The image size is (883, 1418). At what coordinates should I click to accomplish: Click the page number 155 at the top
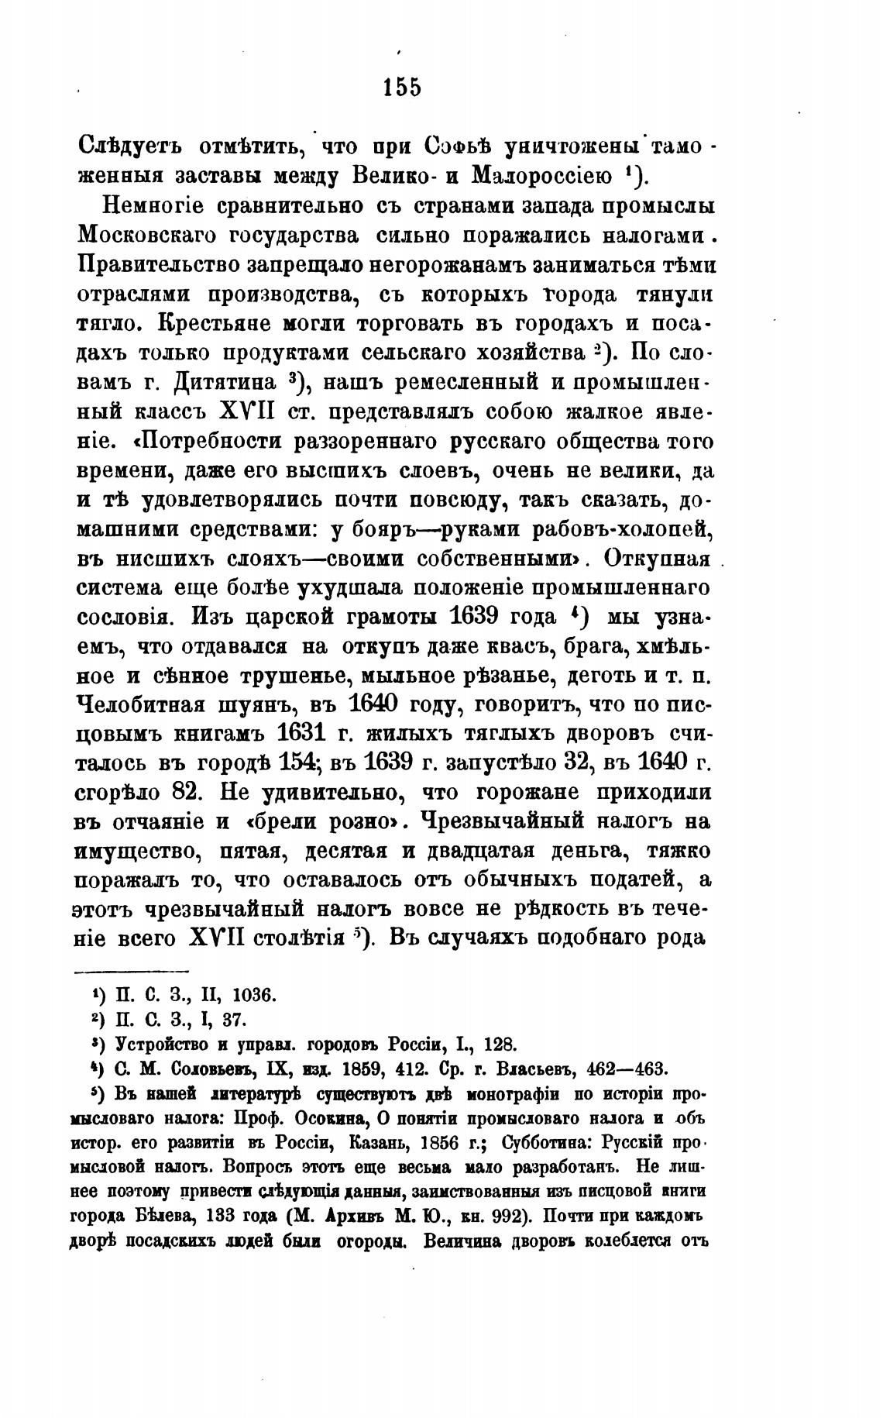pyautogui.click(x=402, y=88)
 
